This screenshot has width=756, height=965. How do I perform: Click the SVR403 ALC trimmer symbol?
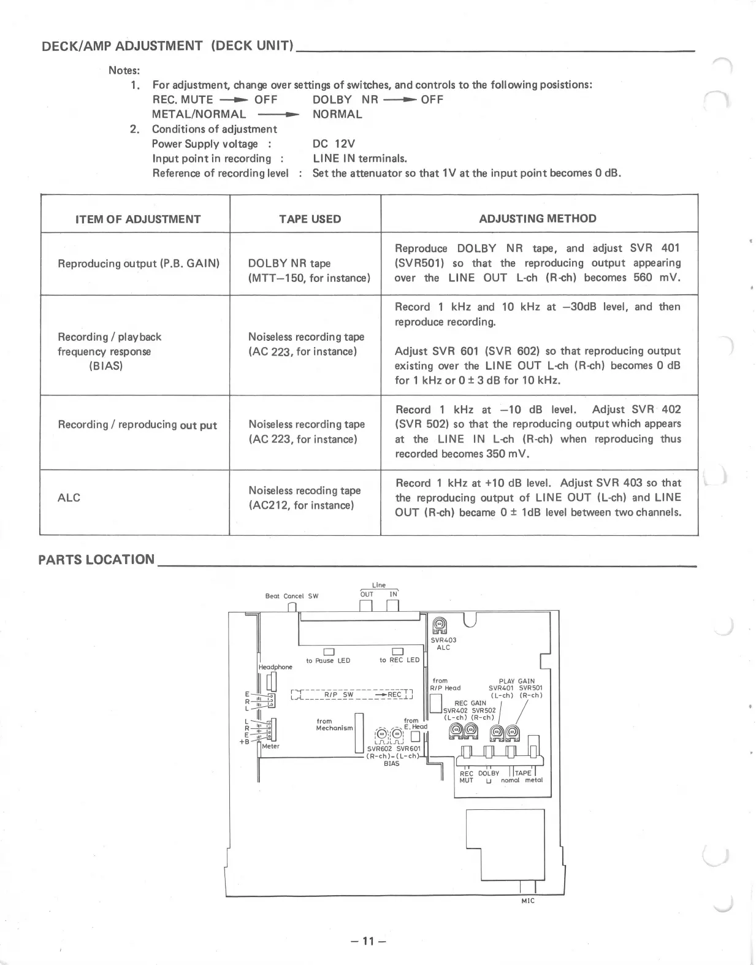440,625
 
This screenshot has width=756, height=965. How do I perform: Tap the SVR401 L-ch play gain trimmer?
497,730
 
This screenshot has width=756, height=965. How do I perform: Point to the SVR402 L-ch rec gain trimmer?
455,730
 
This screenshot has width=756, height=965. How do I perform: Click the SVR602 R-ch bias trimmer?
381,734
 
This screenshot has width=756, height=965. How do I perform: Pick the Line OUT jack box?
366,606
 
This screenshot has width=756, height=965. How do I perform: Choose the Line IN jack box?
393,606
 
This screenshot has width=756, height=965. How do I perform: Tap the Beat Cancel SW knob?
292,607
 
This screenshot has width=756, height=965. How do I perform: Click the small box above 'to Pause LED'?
328,651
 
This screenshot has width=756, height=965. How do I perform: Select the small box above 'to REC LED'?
397,651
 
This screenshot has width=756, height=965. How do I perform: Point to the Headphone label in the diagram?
275,666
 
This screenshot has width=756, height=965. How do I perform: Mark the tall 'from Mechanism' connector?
360,732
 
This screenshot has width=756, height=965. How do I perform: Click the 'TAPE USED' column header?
310,219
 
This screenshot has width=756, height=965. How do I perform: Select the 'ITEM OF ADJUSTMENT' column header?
138,219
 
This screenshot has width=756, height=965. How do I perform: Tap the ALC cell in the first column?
69,497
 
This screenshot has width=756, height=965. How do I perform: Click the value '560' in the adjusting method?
643,277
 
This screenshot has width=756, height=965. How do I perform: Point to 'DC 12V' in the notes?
334,143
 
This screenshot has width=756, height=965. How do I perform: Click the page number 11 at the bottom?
367,940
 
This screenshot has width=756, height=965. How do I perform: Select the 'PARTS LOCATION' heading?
96,559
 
